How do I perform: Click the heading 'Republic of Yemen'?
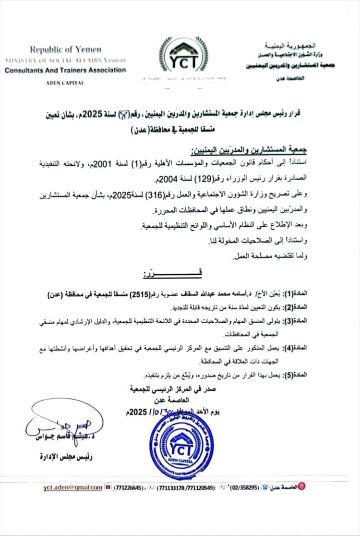point(65,49)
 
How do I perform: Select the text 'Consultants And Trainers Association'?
point(65,70)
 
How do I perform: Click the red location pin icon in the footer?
point(301,487)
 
